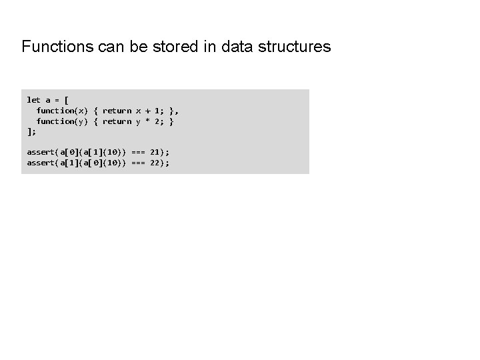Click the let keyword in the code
33,100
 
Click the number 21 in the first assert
155,152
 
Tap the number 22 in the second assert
155,163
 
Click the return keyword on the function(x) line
117,110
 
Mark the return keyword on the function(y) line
117,121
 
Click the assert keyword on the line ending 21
41,152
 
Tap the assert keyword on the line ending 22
41,163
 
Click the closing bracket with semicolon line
31,131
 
